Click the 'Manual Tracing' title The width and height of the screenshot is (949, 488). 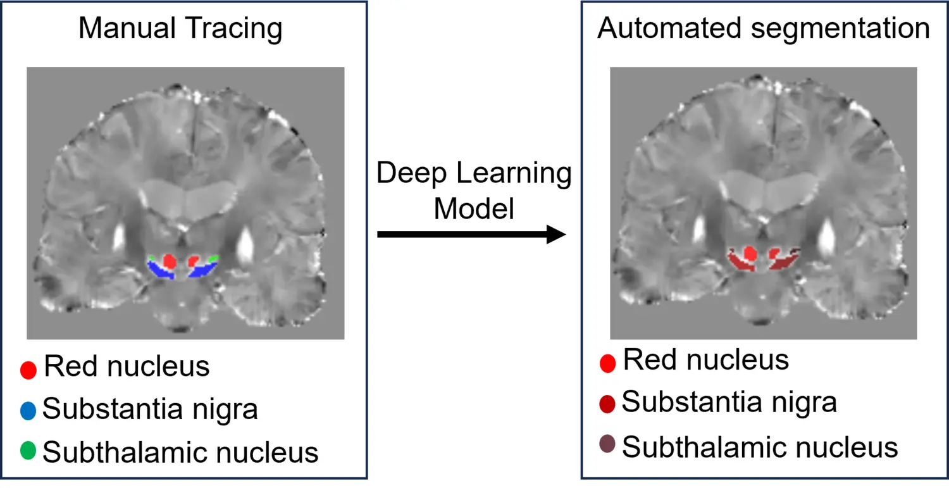pyautogui.click(x=180, y=30)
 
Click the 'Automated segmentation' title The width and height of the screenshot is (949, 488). pyautogui.click(x=764, y=29)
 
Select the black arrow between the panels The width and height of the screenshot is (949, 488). pyautogui.click(x=471, y=235)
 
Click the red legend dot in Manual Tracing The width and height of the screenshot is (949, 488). pyautogui.click(x=28, y=370)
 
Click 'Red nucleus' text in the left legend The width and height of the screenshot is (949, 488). pyautogui.click(x=127, y=366)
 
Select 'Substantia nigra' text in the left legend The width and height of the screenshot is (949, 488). pyautogui.click(x=150, y=410)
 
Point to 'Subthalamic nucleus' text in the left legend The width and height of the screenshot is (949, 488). pyautogui.click(x=180, y=452)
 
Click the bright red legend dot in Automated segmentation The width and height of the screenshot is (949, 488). pyautogui.click(x=607, y=363)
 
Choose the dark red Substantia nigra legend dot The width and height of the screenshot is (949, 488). pyautogui.click(x=607, y=404)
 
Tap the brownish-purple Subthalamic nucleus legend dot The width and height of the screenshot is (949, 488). pyautogui.click(x=607, y=445)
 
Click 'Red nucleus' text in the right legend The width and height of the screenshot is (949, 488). pyautogui.click(x=706, y=360)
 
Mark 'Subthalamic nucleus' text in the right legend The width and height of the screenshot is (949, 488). pyautogui.click(x=760, y=447)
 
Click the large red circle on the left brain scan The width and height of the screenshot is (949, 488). pyautogui.click(x=170, y=261)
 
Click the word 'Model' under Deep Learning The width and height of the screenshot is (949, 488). pyautogui.click(x=474, y=209)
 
